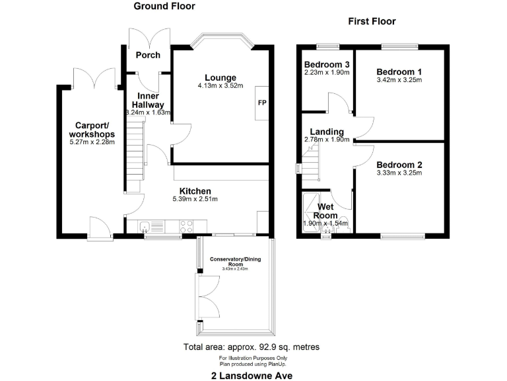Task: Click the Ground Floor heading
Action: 164,7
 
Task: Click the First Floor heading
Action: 372,22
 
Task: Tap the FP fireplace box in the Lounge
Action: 261,103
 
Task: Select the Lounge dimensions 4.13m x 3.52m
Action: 220,86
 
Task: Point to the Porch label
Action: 148,55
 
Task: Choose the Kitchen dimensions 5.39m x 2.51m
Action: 195,198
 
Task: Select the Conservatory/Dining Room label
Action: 235,261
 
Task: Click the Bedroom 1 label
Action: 399,71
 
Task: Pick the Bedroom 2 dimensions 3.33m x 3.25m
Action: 399,173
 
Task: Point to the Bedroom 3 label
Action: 326,64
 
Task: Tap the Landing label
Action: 326,131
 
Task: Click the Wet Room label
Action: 325,212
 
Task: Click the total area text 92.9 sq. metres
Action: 251,347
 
